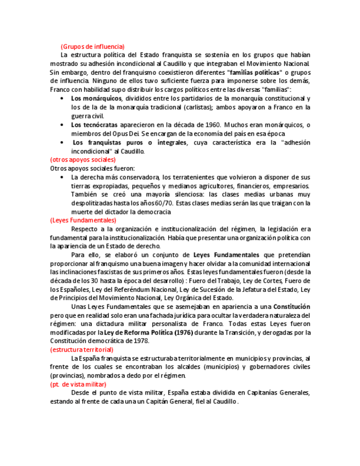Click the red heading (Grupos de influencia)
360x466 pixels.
pos(92,46)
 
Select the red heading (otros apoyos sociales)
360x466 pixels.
pos(83,160)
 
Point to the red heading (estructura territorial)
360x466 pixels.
pos(82,349)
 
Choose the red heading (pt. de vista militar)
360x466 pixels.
pos(78,384)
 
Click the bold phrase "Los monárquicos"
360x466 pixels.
pos(96,98)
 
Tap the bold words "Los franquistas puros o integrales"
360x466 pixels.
pos(130,142)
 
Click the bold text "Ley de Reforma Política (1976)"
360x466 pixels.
pos(146,332)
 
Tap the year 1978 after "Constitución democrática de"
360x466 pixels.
pos(141,341)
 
